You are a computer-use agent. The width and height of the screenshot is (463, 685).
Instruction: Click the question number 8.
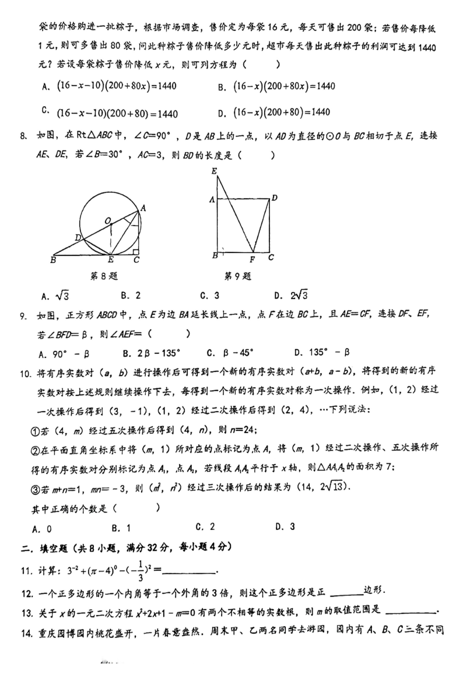click(x=23, y=136)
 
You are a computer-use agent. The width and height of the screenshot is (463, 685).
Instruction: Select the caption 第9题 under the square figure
click(x=238, y=276)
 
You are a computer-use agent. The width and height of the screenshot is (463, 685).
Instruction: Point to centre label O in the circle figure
click(x=108, y=220)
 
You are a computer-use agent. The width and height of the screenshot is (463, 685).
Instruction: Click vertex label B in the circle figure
click(x=53, y=260)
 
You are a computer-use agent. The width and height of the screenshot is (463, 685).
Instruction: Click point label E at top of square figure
click(x=215, y=171)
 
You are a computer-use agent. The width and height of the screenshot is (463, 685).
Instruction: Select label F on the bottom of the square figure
click(x=252, y=260)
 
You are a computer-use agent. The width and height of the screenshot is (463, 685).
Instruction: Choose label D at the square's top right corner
click(x=274, y=198)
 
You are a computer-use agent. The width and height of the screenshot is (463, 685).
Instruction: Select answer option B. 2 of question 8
click(x=131, y=296)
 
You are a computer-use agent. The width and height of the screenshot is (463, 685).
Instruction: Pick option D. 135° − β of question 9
click(x=321, y=352)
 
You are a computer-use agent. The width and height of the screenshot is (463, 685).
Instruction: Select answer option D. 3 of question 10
click(x=285, y=526)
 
